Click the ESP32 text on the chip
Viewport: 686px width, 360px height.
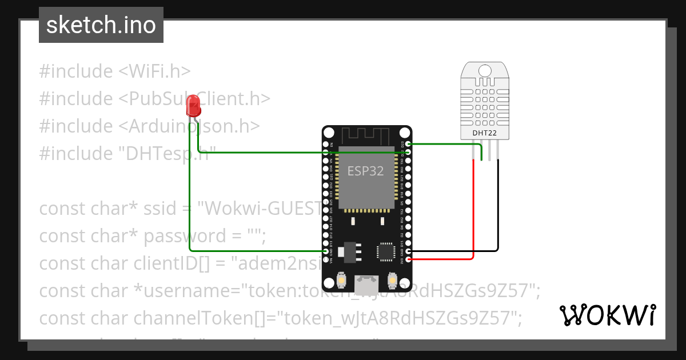(x=366, y=171)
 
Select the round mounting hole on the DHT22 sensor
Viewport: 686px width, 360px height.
(x=484, y=70)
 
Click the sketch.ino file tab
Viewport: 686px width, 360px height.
(x=101, y=26)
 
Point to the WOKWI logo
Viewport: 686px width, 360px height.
(x=607, y=315)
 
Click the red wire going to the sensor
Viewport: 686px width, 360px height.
(x=473, y=211)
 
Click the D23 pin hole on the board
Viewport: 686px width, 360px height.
(x=408, y=144)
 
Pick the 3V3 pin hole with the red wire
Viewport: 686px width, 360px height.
(x=408, y=259)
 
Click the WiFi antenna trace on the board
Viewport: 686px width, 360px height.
(x=366, y=137)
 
